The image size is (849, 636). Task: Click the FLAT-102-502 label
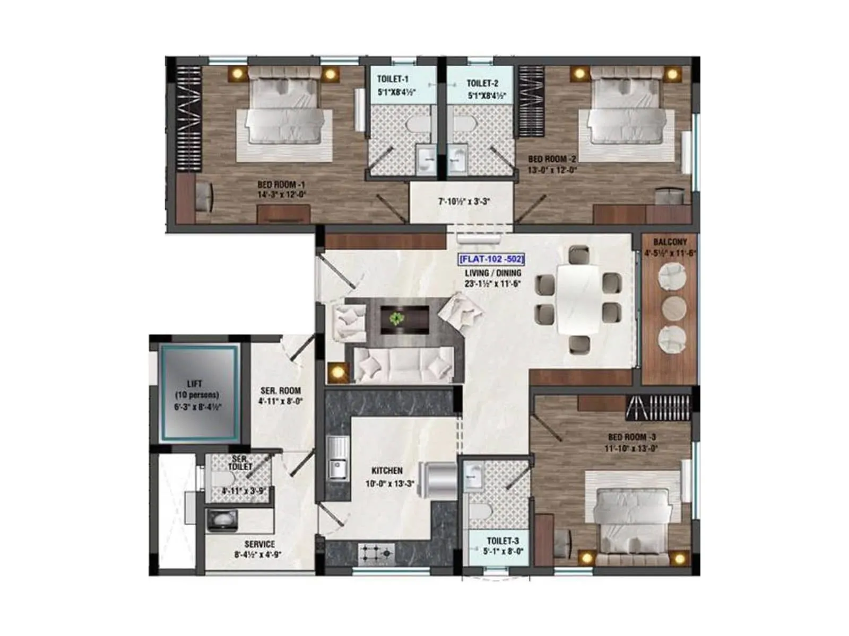pos(491,260)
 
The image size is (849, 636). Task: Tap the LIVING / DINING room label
pos(493,273)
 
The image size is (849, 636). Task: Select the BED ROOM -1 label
pos(281,185)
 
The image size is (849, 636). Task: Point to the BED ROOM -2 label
pos(552,159)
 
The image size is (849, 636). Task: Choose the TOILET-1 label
pos(393,79)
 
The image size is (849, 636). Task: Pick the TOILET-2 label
pos(482,83)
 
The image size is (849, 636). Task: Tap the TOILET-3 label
pos(503,541)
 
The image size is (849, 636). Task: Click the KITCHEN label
pos(387,471)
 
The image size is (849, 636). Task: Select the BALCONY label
pos(670,242)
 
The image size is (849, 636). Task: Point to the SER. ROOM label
pos(281,391)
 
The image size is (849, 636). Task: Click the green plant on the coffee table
pos(396,319)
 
